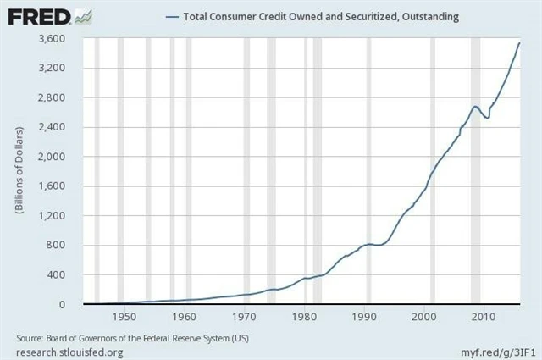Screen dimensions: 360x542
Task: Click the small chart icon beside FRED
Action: (83, 16)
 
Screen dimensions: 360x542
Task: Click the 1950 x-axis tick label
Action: (124, 318)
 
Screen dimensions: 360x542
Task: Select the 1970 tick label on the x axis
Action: (244, 318)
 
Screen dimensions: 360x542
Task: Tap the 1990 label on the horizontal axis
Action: (363, 318)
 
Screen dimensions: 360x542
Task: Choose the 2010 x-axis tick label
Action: (483, 318)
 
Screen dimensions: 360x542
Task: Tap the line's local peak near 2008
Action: (476, 106)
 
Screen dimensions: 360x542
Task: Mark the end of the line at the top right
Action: (519, 42)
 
